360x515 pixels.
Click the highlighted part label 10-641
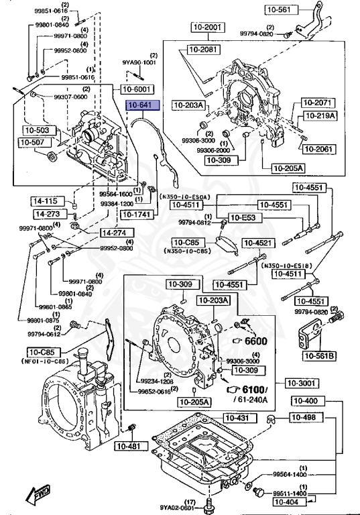[139, 106]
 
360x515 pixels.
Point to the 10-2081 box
[203, 50]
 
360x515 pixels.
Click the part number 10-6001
[137, 89]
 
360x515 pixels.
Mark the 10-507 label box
[33, 142]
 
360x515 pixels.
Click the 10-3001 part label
[301, 383]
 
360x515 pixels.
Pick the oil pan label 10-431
[240, 418]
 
